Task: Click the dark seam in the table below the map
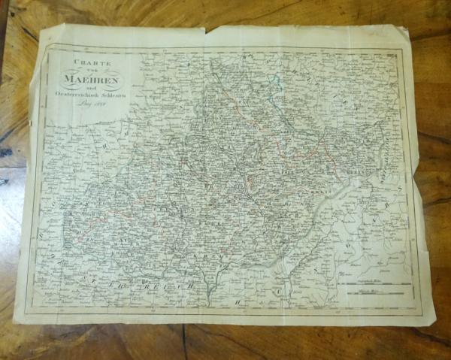click(183, 341)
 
